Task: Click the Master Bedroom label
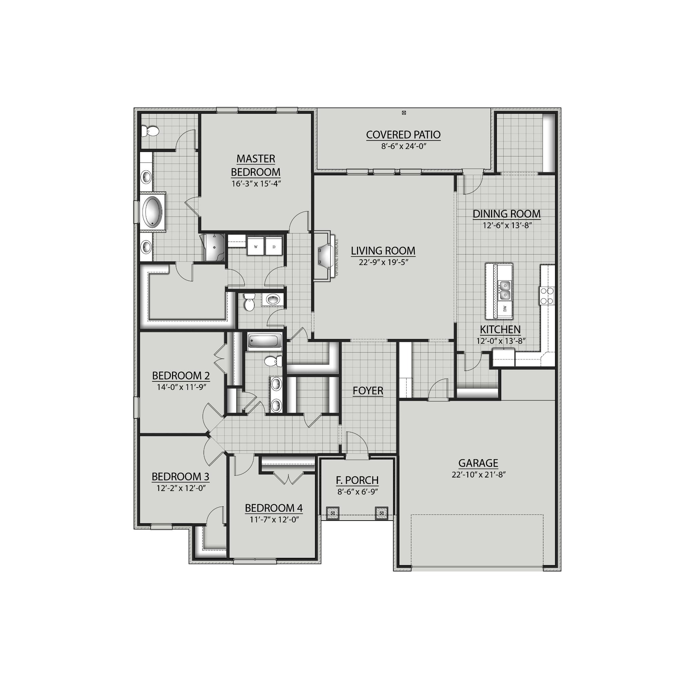click(256, 165)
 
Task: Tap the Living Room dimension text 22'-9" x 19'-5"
click(383, 262)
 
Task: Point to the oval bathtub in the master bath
click(153, 211)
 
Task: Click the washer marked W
click(256, 246)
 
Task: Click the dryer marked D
click(274, 246)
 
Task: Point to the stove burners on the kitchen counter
click(547, 296)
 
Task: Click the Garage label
click(478, 463)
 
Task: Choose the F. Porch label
click(357, 480)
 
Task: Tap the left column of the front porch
click(333, 513)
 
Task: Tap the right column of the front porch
click(381, 513)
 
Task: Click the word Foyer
click(368, 391)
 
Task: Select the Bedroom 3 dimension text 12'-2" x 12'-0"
click(180, 488)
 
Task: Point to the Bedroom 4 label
click(274, 508)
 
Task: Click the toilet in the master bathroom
click(150, 131)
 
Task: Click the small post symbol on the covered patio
click(403, 113)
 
